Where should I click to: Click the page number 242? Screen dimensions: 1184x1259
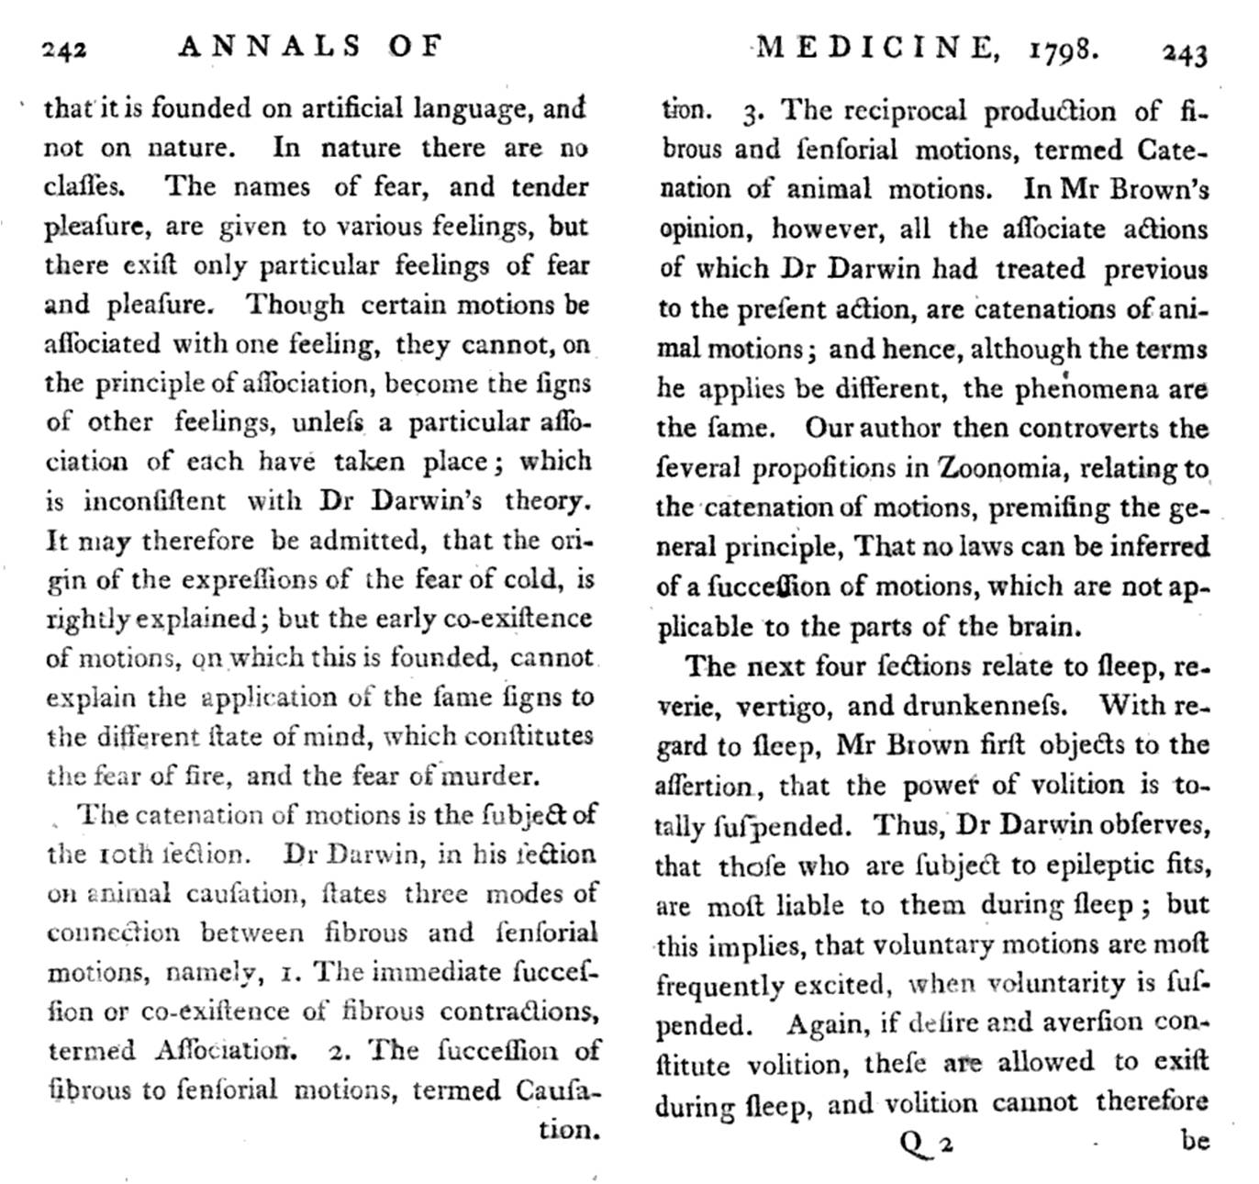click(65, 49)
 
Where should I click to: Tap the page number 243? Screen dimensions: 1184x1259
click(1185, 53)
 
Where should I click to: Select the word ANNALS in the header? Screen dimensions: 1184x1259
click(271, 46)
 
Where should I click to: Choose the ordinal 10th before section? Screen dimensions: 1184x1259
click(127, 854)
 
